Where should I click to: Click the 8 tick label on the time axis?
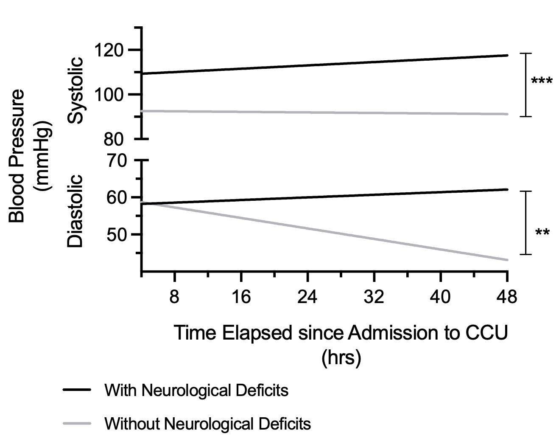pyautogui.click(x=175, y=297)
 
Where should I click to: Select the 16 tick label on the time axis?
pyautogui.click(x=241, y=297)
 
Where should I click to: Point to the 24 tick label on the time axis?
pyautogui.click(x=307, y=297)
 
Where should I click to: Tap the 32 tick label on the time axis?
pyautogui.click(x=374, y=297)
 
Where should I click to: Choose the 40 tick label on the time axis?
pyautogui.click(x=441, y=297)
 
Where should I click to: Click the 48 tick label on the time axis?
pyautogui.click(x=507, y=297)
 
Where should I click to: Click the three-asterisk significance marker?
pyautogui.click(x=542, y=81)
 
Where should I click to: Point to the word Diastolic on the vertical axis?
pyautogui.click(x=75, y=211)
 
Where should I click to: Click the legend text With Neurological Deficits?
pyautogui.click(x=196, y=390)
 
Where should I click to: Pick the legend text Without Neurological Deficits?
pyautogui.click(x=207, y=423)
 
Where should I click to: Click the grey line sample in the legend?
pyautogui.click(x=77, y=423)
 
